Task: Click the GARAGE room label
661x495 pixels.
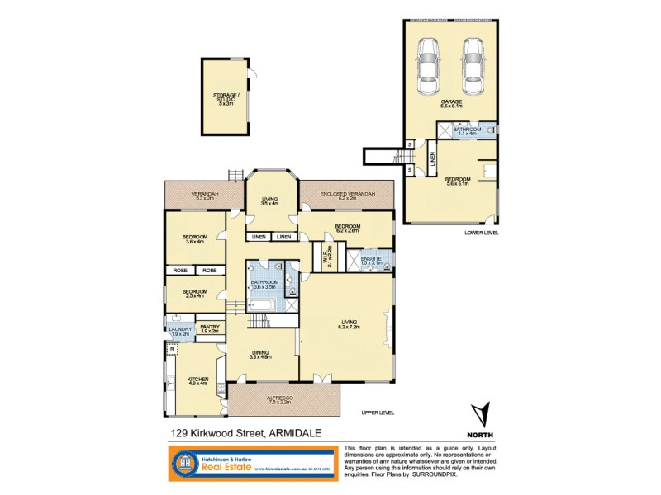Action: (x=450, y=103)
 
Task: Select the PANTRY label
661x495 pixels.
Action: (x=210, y=328)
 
